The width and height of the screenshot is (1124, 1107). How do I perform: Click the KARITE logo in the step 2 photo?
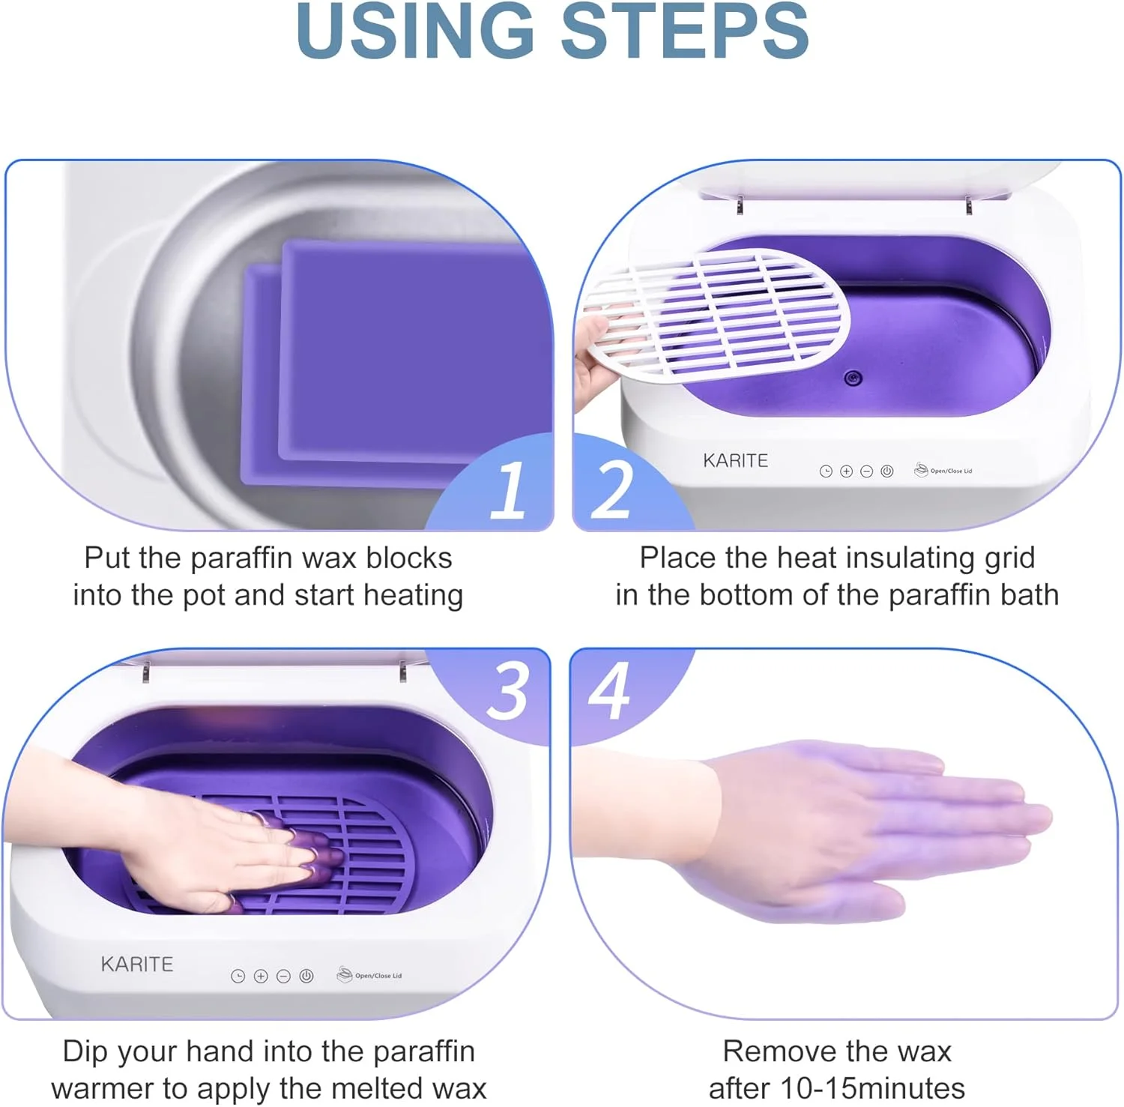click(x=735, y=460)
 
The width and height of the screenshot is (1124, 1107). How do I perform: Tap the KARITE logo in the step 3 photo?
click(x=137, y=964)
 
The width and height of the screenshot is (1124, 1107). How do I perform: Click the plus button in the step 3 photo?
click(x=261, y=976)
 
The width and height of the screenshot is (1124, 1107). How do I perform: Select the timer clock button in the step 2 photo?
click(x=826, y=471)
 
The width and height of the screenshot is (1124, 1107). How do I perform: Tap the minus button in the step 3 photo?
click(x=283, y=976)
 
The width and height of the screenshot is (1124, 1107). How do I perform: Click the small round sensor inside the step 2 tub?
click(x=853, y=378)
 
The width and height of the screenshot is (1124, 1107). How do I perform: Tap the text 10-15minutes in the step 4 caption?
click(x=872, y=1088)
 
